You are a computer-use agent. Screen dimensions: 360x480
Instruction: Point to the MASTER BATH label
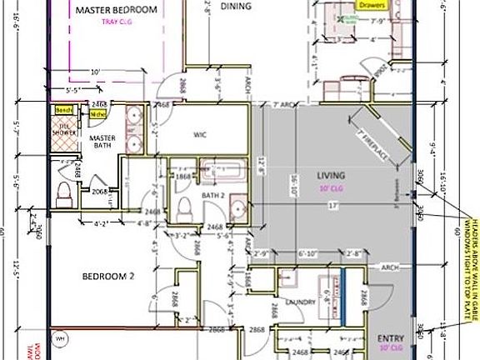102,143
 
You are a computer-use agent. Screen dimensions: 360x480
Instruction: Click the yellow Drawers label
372,4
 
